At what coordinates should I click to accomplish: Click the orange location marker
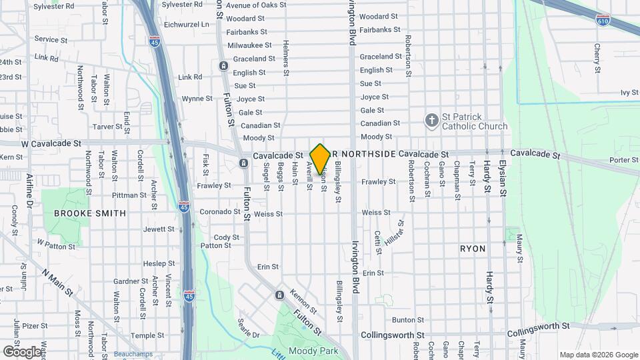click(320, 159)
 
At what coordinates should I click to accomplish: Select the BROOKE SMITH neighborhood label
click(89, 213)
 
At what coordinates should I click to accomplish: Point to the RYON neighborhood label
click(473, 249)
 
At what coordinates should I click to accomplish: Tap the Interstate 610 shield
click(603, 19)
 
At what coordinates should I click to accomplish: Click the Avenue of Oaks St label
click(256, 5)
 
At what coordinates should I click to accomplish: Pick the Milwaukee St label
click(249, 45)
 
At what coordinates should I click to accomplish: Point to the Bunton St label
click(408, 320)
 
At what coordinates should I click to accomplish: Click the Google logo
click(22, 351)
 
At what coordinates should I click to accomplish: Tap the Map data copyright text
click(598, 355)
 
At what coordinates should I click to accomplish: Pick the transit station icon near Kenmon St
click(279, 295)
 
